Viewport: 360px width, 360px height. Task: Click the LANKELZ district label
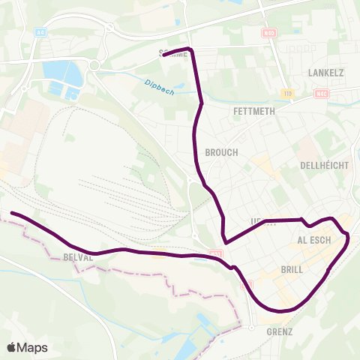pyautogui.click(x=325, y=73)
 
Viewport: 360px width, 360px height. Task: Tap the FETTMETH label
pyautogui.click(x=255, y=111)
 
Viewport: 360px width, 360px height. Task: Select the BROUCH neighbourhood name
pyautogui.click(x=220, y=152)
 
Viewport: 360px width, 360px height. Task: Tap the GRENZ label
pyautogui.click(x=278, y=331)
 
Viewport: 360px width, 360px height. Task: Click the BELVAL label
pyautogui.click(x=77, y=256)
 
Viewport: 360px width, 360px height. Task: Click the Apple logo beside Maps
pyautogui.click(x=12, y=347)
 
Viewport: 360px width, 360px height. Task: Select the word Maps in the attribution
pyautogui.click(x=32, y=347)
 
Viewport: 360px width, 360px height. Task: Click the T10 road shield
pyautogui.click(x=287, y=94)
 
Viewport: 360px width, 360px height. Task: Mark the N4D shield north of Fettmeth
pyautogui.click(x=270, y=34)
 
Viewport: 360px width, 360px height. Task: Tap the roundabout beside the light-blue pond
pyautogui.click(x=95, y=65)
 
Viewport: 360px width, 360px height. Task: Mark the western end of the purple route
pyautogui.click(x=13, y=214)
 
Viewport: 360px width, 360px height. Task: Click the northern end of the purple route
pyautogui.click(x=164, y=53)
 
